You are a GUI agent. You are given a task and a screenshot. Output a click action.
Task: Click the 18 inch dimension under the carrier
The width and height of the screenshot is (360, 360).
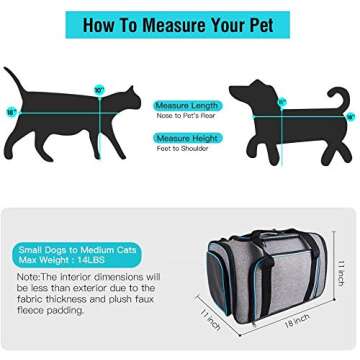296,322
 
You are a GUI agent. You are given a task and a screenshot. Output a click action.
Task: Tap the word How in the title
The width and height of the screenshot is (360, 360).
100,25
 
